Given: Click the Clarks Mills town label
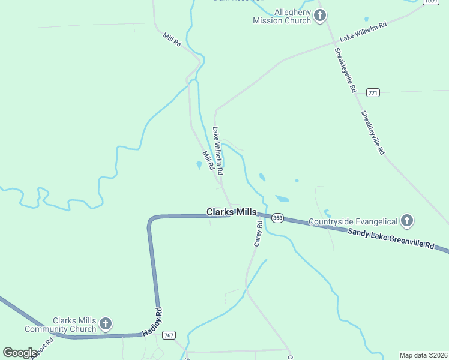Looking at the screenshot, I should [232, 212].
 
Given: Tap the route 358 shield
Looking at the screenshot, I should [277, 217].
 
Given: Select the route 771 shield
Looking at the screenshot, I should [373, 92].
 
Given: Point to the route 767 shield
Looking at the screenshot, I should [169, 335].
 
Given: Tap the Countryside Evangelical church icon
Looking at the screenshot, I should [407, 221].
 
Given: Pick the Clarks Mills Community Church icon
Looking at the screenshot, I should [105, 325].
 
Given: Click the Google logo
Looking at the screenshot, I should [20, 353].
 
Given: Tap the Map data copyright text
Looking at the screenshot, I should [423, 355].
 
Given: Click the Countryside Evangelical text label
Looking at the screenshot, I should [353, 222].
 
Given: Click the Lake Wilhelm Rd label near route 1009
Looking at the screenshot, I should [363, 32].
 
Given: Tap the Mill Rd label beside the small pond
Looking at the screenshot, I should [208, 161].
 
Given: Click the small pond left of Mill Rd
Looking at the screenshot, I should [199, 165].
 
